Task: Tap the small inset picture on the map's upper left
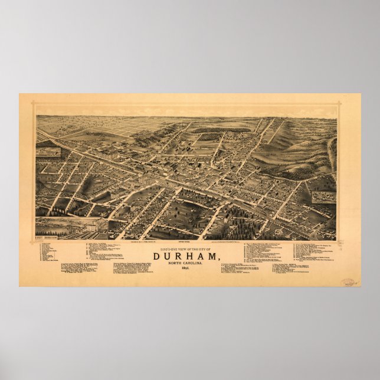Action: [x=48, y=152]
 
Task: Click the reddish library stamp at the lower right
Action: [x=348, y=283]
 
